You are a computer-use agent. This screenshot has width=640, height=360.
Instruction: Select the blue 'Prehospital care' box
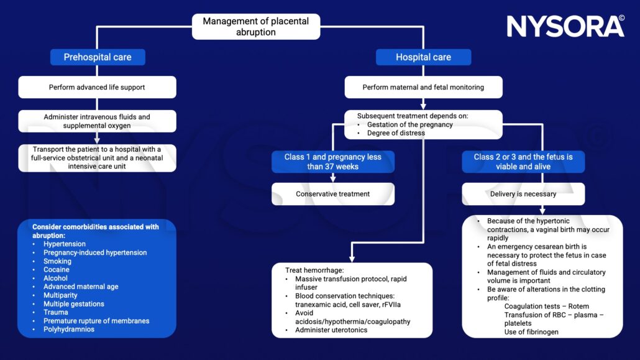[98, 57]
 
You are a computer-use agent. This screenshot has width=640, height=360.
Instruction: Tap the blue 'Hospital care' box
[423, 57]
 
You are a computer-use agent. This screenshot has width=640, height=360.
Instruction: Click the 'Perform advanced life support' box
[97, 87]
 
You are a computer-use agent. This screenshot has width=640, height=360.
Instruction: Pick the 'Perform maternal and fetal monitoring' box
[423, 87]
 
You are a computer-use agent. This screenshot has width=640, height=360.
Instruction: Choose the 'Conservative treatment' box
[332, 194]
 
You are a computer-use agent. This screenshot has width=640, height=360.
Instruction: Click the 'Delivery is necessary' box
[523, 194]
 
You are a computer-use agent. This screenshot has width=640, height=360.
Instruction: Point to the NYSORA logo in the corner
[565, 26]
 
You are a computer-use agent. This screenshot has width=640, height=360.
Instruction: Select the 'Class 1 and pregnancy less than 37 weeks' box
[332, 162]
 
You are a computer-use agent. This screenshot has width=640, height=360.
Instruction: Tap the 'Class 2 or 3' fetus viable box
[523, 162]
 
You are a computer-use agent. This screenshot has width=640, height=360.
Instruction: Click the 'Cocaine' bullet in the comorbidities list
[57, 270]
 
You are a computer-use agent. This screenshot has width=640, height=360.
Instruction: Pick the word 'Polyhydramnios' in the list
[69, 330]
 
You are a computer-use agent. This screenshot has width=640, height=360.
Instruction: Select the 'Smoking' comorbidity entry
[57, 261]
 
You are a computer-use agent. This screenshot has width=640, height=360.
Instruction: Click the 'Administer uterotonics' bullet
[331, 330]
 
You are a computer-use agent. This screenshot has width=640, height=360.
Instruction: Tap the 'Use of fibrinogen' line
[531, 332]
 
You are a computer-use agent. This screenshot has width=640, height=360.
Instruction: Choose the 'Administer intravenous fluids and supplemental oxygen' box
[97, 121]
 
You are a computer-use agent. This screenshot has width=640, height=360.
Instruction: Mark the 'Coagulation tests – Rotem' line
[546, 306]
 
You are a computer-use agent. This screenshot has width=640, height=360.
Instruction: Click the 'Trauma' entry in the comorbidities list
[56, 312]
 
